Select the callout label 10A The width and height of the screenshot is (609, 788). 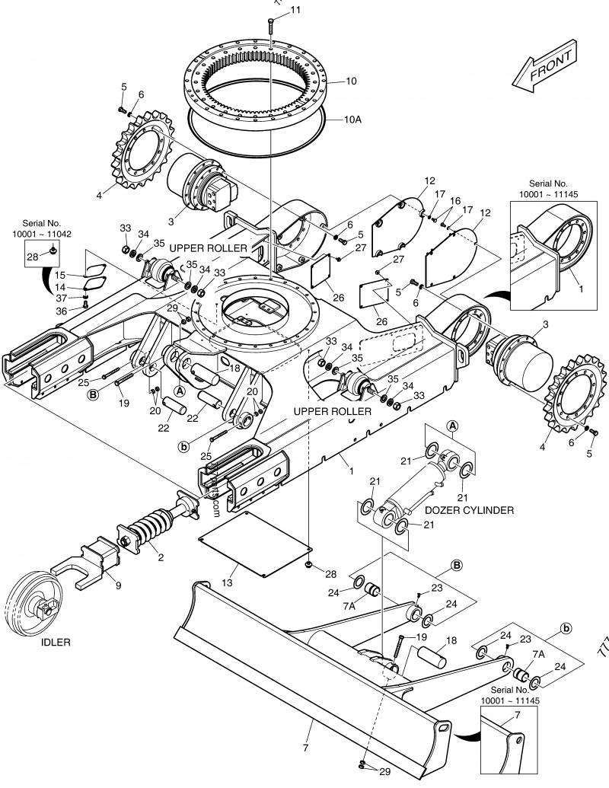coord(352,120)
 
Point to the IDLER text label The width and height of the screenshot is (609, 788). coord(56,642)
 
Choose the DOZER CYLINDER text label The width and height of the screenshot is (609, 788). coord(469,510)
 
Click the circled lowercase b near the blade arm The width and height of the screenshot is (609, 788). coord(566,628)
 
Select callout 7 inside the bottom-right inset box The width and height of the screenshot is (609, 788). coord(518,716)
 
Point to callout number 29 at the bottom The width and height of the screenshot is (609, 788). coord(384,771)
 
